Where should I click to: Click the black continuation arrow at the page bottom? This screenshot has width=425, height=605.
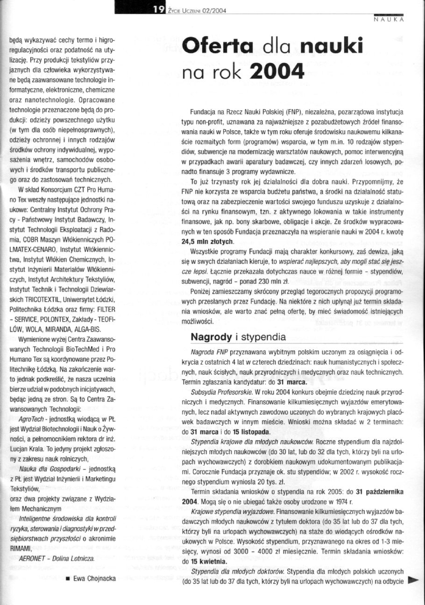click(x=413, y=580)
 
